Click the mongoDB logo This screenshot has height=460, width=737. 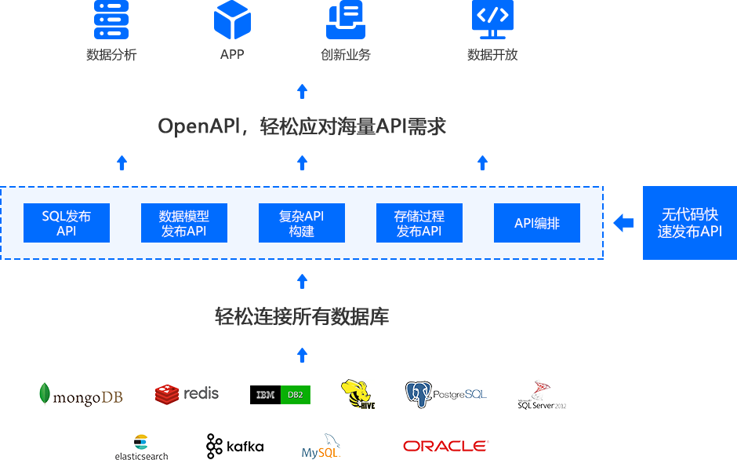81,394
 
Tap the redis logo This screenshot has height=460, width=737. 187,394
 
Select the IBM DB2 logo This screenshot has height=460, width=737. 280,395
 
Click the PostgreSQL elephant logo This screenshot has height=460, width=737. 445,394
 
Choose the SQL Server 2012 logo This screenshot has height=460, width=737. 542,394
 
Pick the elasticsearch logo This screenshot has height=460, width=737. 141,447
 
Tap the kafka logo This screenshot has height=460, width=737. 234,447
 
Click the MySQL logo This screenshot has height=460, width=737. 321,447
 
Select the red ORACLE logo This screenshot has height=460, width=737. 445,446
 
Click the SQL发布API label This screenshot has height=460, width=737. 67,224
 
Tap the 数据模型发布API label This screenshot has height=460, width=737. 184,224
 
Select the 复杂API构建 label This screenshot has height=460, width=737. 302,224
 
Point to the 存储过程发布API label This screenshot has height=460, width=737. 419,224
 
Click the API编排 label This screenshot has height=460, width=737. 537,224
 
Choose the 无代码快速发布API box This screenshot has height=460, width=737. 689,223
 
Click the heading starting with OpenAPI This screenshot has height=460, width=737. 303,126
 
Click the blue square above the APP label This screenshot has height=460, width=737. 232,20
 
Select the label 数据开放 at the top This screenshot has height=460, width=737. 492,55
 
